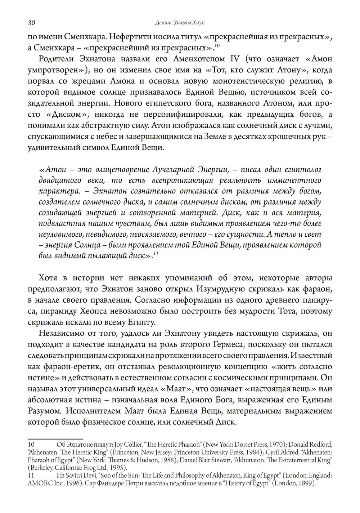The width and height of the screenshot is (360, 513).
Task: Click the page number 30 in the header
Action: (x=31, y=23)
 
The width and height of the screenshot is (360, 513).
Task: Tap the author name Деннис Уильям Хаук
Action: (x=180, y=23)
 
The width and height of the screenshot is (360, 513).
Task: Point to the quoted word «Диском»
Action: (x=63, y=115)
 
